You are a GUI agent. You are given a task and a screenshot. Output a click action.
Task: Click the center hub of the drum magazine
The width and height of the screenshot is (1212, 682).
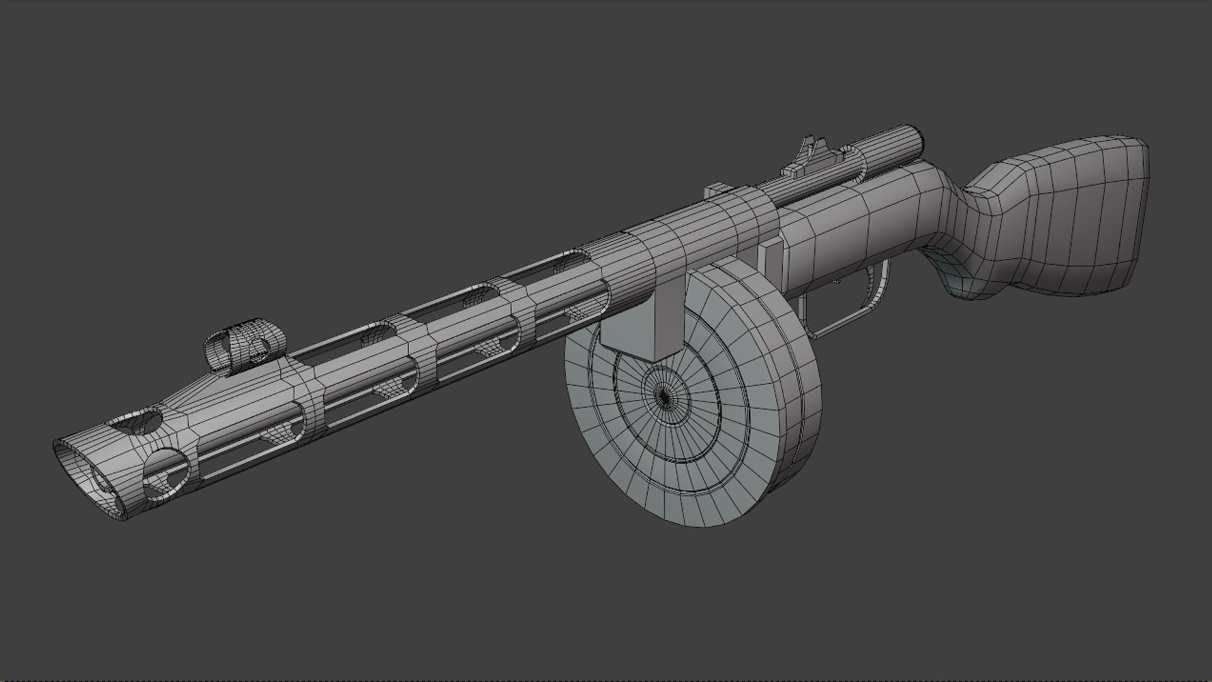(x=663, y=396)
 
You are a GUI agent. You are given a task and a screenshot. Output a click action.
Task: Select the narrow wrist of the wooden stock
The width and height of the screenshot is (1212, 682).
(x=972, y=208)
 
